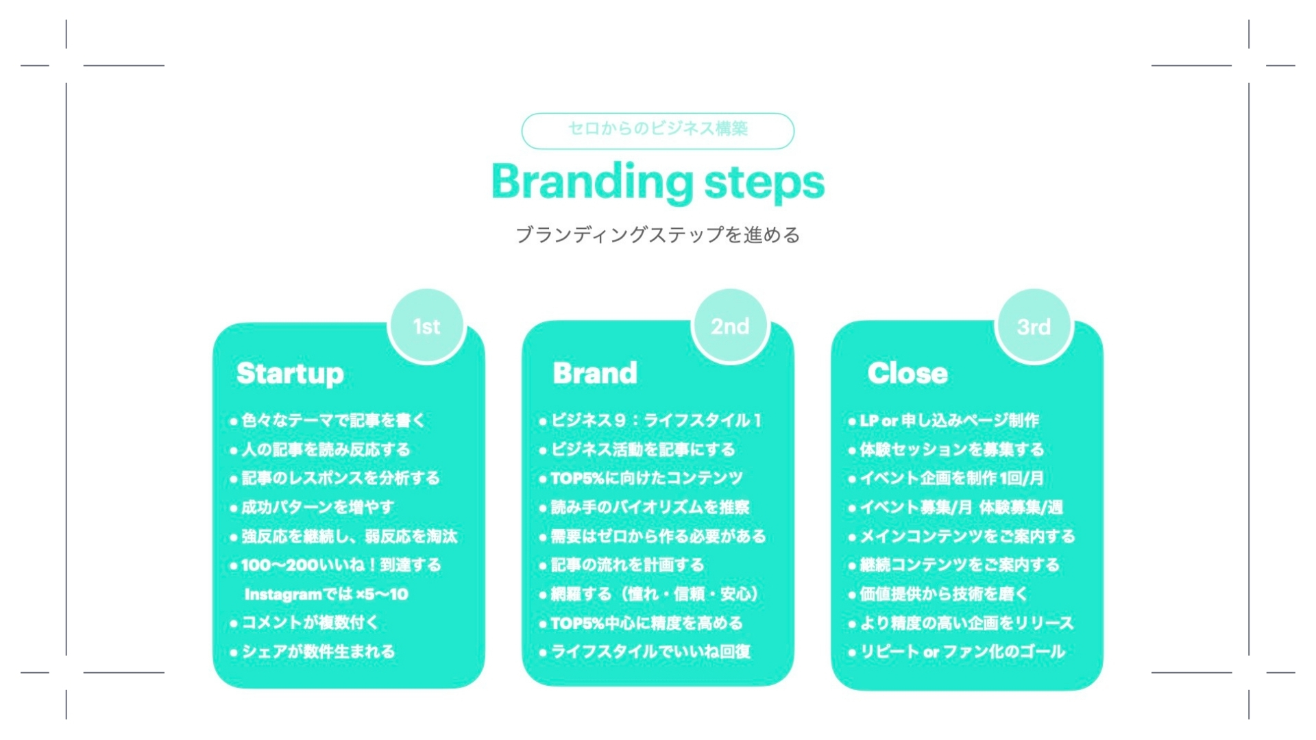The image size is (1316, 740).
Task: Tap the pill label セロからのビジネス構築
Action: coord(657,130)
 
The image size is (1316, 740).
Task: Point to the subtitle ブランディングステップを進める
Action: coord(657,235)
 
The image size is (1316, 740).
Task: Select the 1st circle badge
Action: coord(426,327)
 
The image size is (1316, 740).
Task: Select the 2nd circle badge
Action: coord(730,327)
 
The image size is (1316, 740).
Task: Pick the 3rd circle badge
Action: coord(1034,327)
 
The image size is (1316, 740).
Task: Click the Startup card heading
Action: coord(290,374)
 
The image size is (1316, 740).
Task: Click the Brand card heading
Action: coord(595,373)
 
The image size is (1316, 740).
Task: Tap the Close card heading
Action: coord(907,373)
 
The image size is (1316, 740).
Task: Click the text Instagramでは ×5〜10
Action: coord(326,594)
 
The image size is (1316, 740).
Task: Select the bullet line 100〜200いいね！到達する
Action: coord(336,565)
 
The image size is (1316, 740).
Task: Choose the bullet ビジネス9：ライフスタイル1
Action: coord(650,421)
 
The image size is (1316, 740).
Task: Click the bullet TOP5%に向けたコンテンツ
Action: coord(641,478)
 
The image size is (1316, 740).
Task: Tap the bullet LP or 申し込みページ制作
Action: coord(944,421)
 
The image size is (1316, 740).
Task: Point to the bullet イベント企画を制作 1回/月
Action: coord(946,478)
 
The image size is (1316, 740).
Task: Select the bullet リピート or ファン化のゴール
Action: coord(957,652)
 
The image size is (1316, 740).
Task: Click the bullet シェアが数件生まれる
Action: coord(313,652)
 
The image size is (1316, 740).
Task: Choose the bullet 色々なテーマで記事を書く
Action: coord(328,421)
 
